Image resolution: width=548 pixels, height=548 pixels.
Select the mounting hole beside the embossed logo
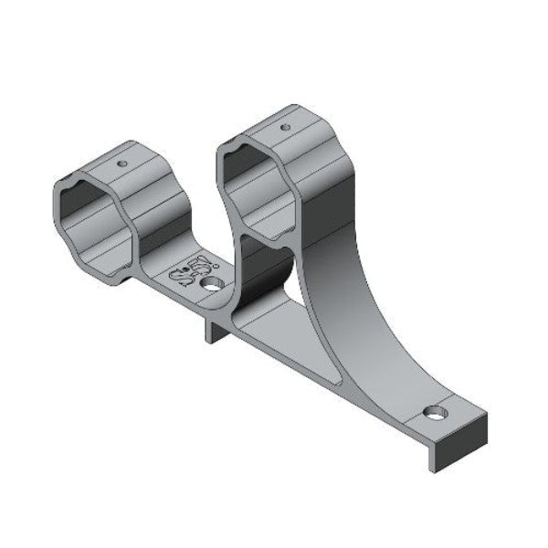click(213, 286)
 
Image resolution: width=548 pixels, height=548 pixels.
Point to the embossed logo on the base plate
click(184, 274)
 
